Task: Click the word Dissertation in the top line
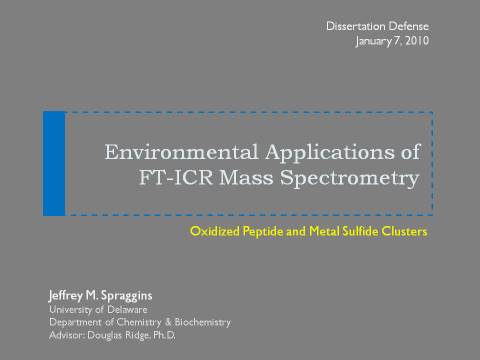[x=355, y=26]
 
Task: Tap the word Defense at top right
[x=409, y=26]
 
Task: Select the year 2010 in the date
[x=417, y=41]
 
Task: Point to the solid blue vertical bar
[x=54, y=164]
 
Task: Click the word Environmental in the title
[x=181, y=152]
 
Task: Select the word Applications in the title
[x=330, y=153]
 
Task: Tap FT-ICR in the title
[x=176, y=177]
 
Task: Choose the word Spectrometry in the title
[x=350, y=179]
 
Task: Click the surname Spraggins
[x=126, y=296]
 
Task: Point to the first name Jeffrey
[x=66, y=296]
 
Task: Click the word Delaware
[x=127, y=310]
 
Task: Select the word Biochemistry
[x=203, y=322]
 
